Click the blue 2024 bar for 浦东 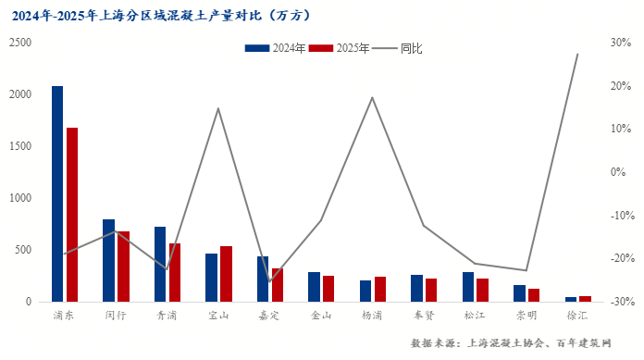[57, 193]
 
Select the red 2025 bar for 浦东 [71, 215]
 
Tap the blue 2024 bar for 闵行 [109, 260]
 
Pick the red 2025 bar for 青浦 [174, 272]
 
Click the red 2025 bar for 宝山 [226, 274]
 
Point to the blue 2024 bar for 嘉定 [263, 279]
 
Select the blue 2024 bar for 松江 [468, 287]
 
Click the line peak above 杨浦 [373, 97]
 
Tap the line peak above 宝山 [218, 108]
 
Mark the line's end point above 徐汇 [577, 54]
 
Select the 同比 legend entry [400, 48]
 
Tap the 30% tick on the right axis [619, 43]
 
